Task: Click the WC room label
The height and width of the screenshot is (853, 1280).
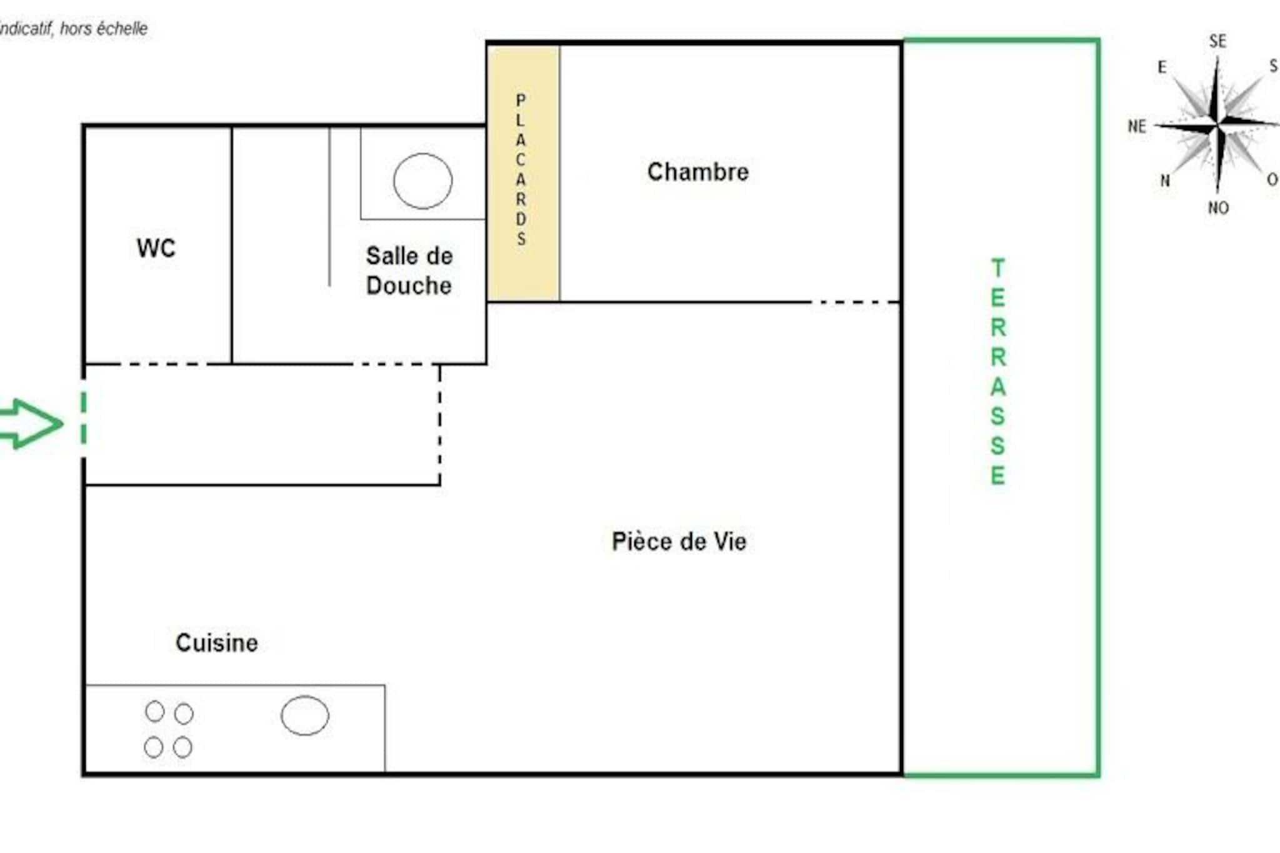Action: coord(156,248)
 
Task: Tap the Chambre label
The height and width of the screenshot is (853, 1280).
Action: coord(698,172)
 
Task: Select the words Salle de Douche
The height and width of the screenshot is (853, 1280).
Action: coord(409,271)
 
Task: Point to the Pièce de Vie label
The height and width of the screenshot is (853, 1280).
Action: coord(679,541)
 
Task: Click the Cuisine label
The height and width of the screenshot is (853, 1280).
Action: coord(217,642)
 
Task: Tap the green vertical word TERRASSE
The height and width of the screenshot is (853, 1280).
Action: coord(998,372)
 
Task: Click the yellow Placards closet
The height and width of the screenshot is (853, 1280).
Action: coord(523,172)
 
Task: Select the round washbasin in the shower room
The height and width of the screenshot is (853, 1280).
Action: coord(422,181)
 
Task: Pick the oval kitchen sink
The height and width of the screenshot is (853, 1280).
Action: coord(305,716)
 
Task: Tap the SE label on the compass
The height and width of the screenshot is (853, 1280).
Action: coord(1217,41)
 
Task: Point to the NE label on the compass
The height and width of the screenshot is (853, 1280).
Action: coord(1137,126)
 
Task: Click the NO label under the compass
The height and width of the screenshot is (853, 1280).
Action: coord(1218,207)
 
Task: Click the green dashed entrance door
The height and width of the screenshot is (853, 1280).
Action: coord(84,418)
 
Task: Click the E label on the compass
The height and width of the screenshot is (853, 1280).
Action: coord(1162,67)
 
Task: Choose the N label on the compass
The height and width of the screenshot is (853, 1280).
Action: coord(1165,181)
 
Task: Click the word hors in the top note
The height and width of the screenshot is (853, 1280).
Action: coord(75,29)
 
